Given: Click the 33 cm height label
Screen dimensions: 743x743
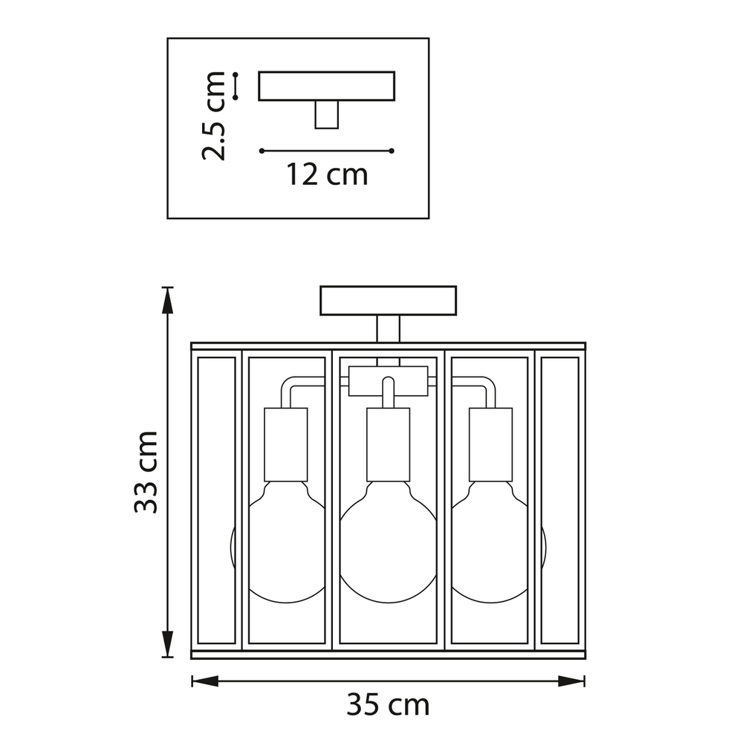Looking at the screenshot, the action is pyautogui.click(x=146, y=472).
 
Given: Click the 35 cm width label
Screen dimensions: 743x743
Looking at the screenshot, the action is pyautogui.click(x=388, y=705).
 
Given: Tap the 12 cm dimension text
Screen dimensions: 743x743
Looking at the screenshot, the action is pyautogui.click(x=327, y=175).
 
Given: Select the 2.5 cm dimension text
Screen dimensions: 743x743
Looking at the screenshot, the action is pyautogui.click(x=214, y=116).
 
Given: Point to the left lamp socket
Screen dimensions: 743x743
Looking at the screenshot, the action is pyautogui.click(x=286, y=444).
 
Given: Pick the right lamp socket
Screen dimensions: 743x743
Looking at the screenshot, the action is pyautogui.click(x=490, y=444).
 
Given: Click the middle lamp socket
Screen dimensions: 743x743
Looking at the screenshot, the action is pyautogui.click(x=388, y=444).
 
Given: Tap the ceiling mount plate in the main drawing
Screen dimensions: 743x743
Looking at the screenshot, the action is pyautogui.click(x=388, y=300).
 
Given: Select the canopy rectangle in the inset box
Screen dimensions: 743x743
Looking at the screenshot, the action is pyautogui.click(x=326, y=85).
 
